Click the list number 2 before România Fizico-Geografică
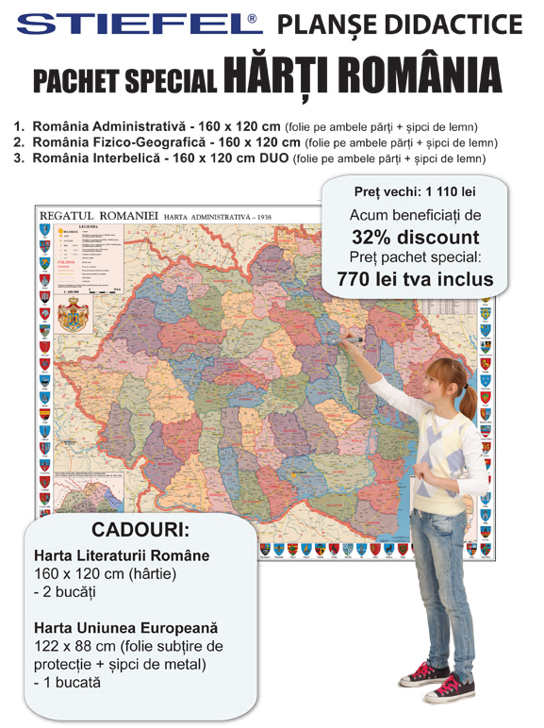coord(18,142)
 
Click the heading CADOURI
coord(140,528)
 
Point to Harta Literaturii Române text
coord(122,555)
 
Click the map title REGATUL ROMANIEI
coord(99,215)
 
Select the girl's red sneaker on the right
coord(451,687)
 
